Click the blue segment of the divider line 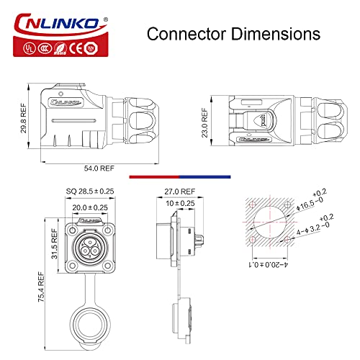(x=204, y=176)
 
